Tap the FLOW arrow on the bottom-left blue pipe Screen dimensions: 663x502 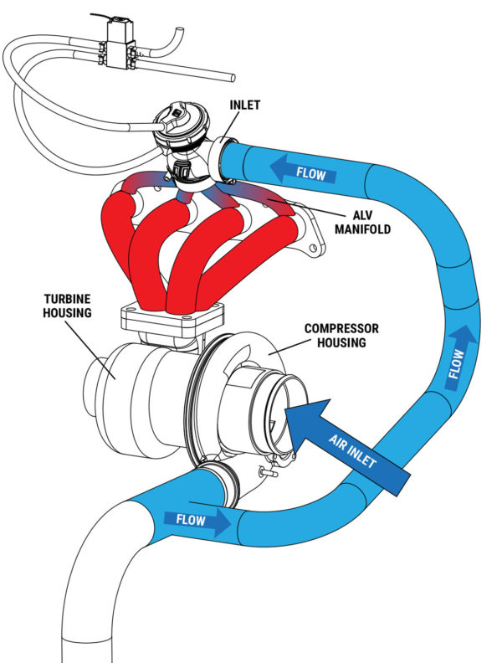click(x=197, y=520)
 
